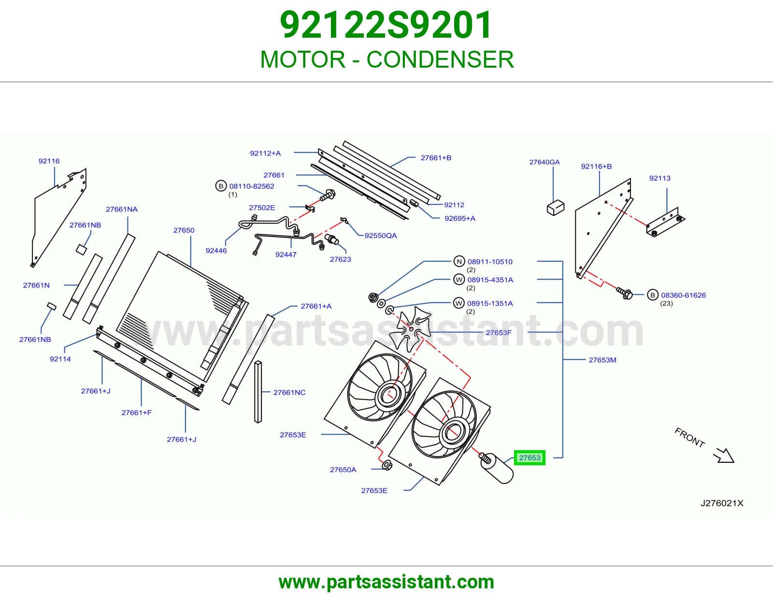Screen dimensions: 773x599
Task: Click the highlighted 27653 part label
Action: click(530, 458)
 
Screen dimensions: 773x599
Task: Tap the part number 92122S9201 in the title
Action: click(386, 25)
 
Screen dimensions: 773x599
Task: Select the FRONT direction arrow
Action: click(724, 456)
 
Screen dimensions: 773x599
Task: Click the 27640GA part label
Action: click(544, 162)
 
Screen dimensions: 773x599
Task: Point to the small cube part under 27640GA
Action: click(555, 208)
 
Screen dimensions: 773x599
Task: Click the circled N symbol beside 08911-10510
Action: click(459, 261)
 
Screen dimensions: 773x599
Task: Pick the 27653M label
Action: click(602, 360)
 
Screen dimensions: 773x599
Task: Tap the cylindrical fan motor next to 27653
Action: click(497, 468)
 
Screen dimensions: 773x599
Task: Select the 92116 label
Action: click(49, 161)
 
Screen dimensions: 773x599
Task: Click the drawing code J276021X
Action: click(722, 503)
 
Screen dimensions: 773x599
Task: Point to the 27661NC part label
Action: click(289, 392)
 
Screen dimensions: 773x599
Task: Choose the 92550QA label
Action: click(380, 235)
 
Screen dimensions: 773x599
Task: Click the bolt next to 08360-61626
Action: click(625, 293)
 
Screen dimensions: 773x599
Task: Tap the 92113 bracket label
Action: click(659, 178)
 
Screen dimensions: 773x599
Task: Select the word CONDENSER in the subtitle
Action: click(440, 59)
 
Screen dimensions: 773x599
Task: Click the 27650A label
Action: click(343, 470)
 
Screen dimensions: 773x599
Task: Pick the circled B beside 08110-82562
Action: click(221, 186)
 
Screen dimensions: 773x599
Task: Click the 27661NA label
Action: click(122, 209)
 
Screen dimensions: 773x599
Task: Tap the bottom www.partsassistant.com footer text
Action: click(386, 582)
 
